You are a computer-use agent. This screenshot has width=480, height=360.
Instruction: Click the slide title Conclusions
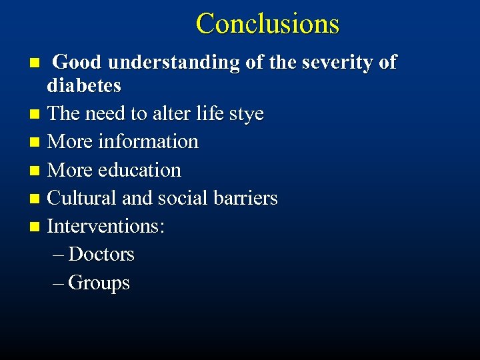[267, 24]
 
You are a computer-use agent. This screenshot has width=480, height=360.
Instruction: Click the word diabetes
[84, 85]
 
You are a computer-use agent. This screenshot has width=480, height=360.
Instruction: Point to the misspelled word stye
[247, 114]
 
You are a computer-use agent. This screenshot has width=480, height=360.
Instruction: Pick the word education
[139, 170]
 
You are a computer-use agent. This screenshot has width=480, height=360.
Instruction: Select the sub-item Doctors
[101, 254]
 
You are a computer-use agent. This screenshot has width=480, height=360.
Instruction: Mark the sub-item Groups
[99, 283]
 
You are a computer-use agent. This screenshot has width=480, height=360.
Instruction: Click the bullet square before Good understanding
[37, 63]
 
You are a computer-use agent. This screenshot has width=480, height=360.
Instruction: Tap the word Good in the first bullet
[78, 63]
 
